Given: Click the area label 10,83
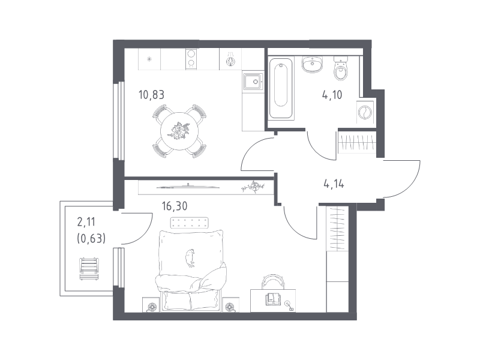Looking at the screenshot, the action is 151,95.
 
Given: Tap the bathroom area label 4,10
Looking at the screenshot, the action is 332,95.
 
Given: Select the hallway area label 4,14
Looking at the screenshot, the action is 334,184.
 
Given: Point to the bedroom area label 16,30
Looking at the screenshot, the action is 175,206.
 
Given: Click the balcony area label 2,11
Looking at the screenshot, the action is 86,222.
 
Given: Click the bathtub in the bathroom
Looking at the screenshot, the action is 281,88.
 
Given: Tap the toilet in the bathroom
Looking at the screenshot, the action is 340,68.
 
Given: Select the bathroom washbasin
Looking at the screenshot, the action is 312,65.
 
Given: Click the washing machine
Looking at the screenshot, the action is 365,112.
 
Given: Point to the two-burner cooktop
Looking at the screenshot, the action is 191,59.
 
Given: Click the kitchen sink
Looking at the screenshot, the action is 253,81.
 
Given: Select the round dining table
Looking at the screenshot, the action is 179,131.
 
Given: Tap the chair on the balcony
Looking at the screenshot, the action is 89,269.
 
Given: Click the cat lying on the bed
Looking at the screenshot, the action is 190,257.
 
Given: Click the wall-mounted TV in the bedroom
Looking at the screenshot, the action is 188,187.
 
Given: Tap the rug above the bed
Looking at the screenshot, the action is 189,223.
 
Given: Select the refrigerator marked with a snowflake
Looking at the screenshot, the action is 149,59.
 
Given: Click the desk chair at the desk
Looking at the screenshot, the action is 274,281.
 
